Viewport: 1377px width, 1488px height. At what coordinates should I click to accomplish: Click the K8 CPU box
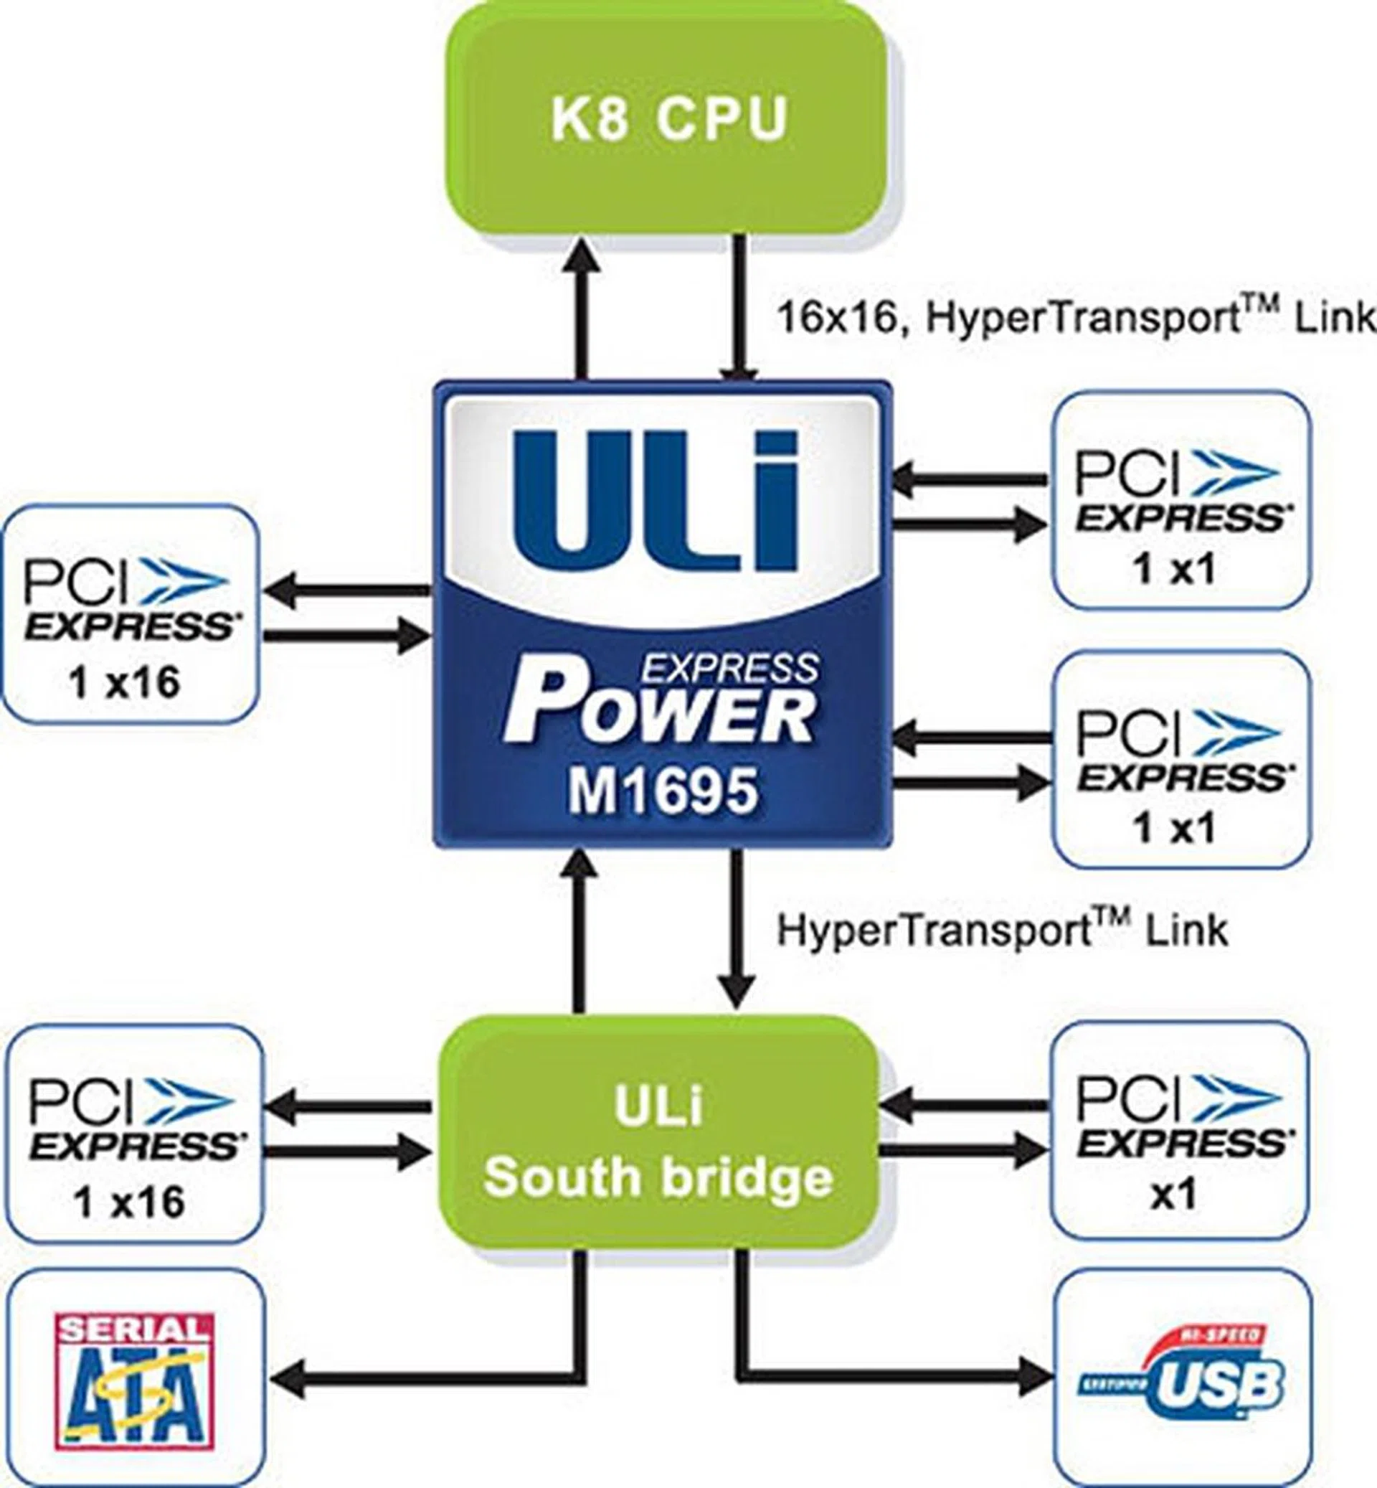668,119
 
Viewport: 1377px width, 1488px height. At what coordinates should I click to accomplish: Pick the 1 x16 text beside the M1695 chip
125,682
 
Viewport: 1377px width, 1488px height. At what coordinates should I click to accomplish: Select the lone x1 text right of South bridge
1174,1194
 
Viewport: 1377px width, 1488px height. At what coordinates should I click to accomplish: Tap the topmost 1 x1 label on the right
1174,570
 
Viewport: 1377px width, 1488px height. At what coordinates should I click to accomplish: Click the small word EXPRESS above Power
730,669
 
